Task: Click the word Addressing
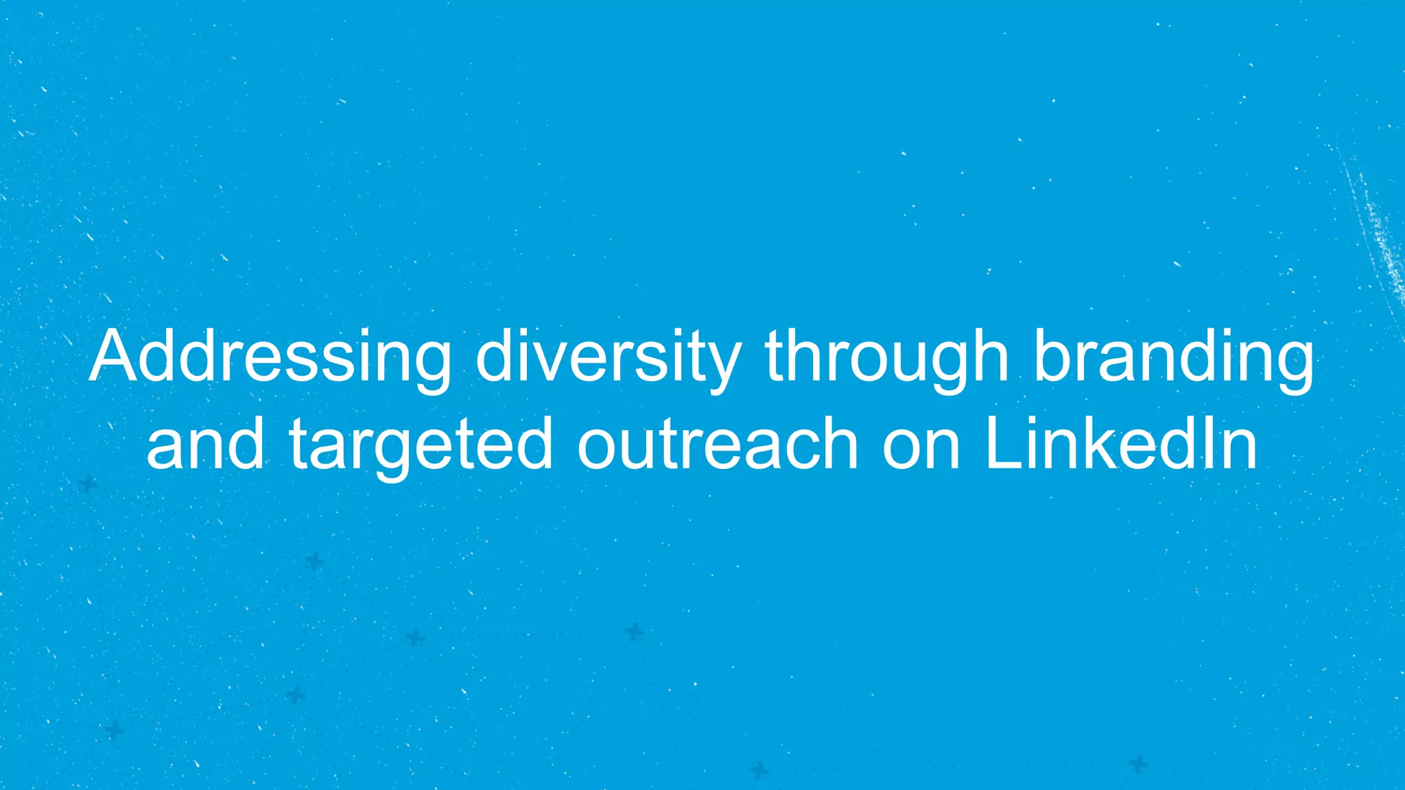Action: pyautogui.click(x=270, y=358)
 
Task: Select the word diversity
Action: pyautogui.click(x=608, y=358)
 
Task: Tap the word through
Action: pyautogui.click(x=886, y=358)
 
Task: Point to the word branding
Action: pyautogui.click(x=1174, y=358)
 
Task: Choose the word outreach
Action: pyautogui.click(x=718, y=444)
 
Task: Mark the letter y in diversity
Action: pyautogui.click(x=722, y=367)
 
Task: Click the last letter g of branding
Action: pyautogui.click(x=1292, y=367)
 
